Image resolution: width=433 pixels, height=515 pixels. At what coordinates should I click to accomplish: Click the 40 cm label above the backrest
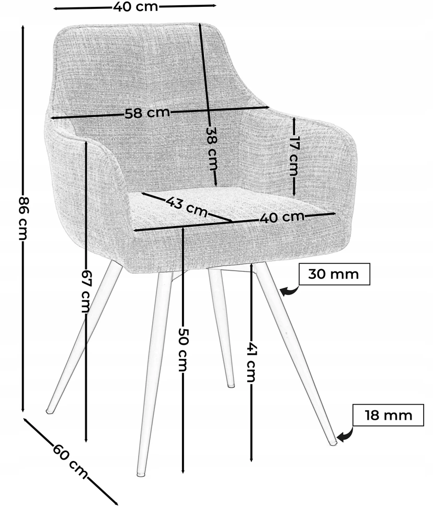click(x=135, y=7)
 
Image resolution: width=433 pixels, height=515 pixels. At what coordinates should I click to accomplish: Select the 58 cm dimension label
click(x=147, y=113)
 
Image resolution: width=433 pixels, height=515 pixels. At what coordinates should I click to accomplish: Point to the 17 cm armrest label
click(x=293, y=155)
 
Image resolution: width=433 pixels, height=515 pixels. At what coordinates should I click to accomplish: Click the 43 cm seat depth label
click(x=187, y=207)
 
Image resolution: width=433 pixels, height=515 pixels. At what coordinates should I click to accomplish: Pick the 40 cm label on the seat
click(x=282, y=217)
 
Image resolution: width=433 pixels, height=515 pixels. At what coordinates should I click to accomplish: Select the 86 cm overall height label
click(x=24, y=218)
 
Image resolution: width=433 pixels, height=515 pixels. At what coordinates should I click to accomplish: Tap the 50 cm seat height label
click(x=183, y=349)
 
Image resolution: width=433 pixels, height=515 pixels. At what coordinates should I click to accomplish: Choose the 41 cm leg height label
click(x=251, y=362)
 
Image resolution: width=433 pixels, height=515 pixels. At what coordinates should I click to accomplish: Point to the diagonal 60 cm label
click(x=70, y=461)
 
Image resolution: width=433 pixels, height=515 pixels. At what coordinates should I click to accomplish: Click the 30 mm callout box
click(x=334, y=274)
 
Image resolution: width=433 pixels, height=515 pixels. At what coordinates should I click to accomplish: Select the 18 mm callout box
click(x=388, y=415)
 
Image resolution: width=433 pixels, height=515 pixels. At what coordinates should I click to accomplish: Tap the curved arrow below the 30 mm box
click(x=291, y=291)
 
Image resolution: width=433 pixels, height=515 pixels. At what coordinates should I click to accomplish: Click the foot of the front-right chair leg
click(x=333, y=443)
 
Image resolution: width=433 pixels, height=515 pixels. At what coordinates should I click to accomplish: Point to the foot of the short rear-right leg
click(x=231, y=385)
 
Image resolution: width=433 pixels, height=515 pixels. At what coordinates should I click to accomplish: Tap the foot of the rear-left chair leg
click(x=50, y=411)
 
